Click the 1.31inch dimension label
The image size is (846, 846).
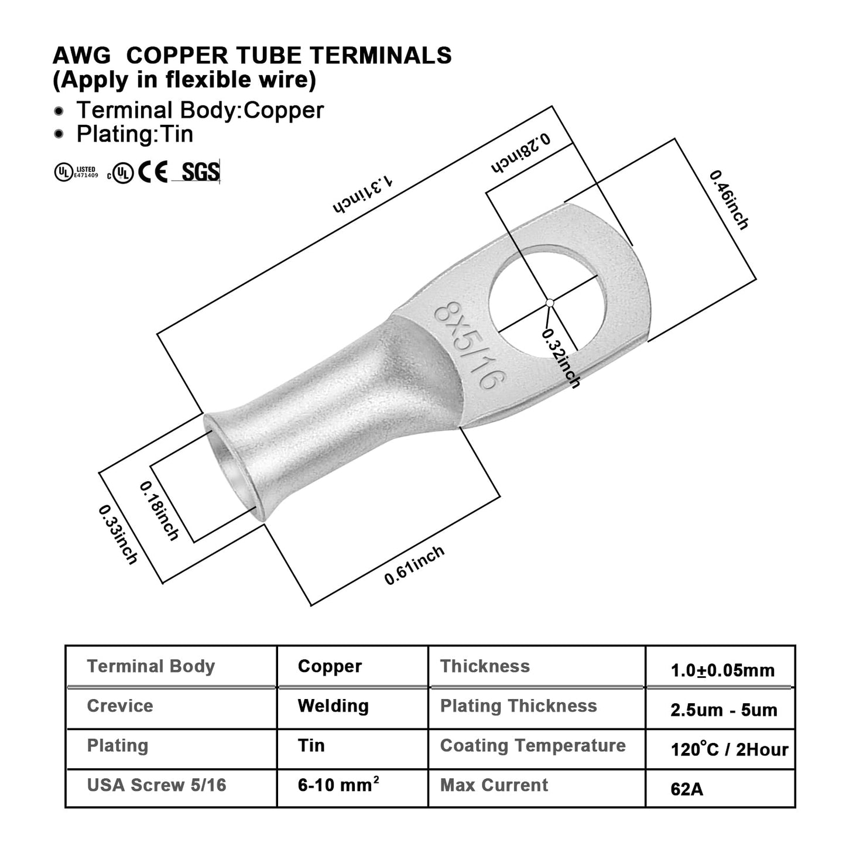click(x=362, y=196)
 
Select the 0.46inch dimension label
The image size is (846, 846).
click(x=728, y=200)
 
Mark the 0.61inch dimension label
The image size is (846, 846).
click(x=414, y=565)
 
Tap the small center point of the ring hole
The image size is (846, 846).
click(x=550, y=303)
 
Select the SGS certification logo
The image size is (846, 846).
click(x=200, y=172)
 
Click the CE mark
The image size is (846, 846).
click(x=153, y=172)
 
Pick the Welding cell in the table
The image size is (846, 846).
click(x=333, y=706)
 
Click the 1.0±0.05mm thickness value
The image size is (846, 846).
click(x=722, y=670)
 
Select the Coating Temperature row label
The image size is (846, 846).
click(x=533, y=745)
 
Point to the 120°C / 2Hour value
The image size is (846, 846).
click(x=729, y=749)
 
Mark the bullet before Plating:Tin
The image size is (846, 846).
click(x=59, y=135)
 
